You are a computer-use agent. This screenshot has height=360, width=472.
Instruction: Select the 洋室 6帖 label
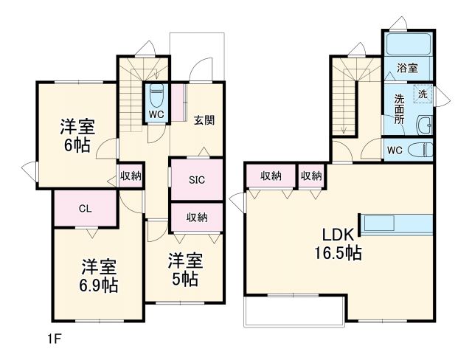(x=77, y=135)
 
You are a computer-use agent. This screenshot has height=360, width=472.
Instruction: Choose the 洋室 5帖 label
(x=184, y=270)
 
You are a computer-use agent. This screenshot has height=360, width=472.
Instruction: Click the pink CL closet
(x=85, y=209)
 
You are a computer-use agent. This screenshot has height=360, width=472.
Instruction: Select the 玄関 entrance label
(x=204, y=120)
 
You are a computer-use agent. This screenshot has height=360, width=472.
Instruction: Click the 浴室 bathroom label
(x=408, y=68)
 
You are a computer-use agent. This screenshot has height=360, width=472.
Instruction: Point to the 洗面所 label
(x=399, y=109)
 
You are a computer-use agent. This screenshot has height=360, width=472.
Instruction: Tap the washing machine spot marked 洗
(x=423, y=94)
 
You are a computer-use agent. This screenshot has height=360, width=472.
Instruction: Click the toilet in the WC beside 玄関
(x=156, y=96)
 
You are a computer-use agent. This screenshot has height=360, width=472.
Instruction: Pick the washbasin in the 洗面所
(x=423, y=125)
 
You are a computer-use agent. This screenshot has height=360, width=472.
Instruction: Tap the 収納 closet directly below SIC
(x=196, y=217)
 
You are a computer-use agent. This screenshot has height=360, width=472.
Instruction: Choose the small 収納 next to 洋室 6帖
(x=131, y=176)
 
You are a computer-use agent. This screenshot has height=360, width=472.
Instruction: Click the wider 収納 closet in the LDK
(x=271, y=176)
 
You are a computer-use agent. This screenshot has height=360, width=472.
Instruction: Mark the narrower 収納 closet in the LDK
(x=311, y=176)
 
